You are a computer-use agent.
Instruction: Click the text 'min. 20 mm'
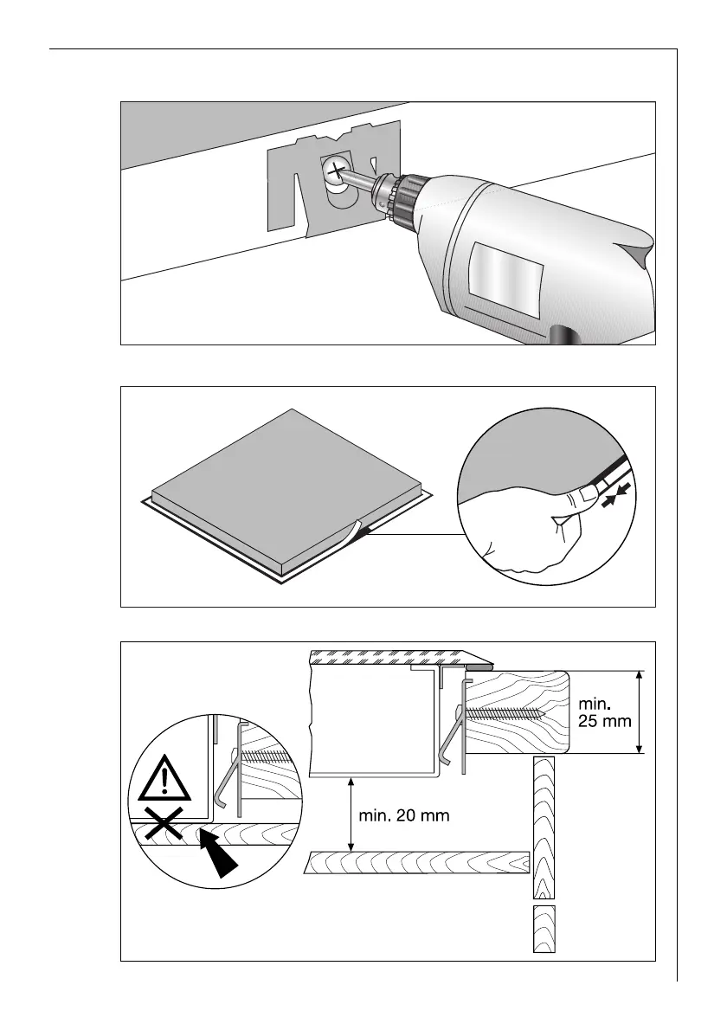coord(402,815)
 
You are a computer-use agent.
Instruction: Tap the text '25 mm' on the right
coord(603,720)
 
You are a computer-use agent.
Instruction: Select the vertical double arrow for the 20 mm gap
coord(350,814)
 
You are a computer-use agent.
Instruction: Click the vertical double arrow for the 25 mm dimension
coord(639,711)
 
